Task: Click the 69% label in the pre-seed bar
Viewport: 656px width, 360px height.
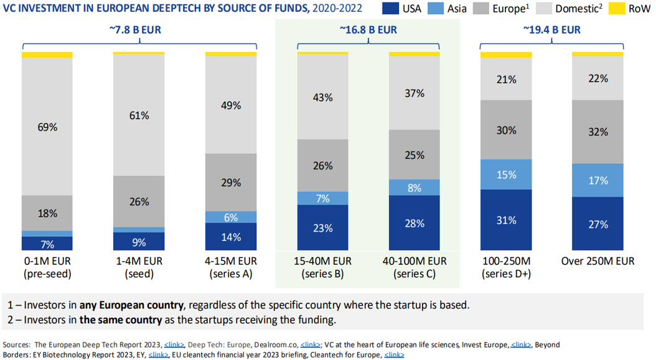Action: point(47,127)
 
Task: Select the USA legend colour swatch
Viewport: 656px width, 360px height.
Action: point(382,9)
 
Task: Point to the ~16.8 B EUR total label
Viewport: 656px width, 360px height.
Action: point(368,29)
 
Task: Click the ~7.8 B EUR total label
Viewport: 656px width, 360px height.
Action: point(140,29)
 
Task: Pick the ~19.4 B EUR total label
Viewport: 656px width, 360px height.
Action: point(552,29)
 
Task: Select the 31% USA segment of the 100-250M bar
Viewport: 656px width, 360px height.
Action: point(506,220)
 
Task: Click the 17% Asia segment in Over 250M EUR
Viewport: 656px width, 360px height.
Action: point(597,180)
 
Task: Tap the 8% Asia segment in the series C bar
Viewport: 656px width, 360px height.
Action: point(414,187)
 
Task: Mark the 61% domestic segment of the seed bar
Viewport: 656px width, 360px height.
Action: point(139,115)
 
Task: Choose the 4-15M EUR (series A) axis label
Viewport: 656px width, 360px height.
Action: point(230,267)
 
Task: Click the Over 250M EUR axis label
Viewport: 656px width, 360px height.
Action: point(597,261)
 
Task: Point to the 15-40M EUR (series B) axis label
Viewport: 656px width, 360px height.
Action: point(322,267)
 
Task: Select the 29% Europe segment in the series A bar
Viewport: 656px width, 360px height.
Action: point(230,182)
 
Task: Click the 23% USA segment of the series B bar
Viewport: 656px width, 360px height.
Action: point(322,228)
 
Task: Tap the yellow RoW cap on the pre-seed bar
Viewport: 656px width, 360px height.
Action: point(47,55)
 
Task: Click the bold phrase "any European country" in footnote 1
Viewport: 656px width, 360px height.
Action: point(131,305)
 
